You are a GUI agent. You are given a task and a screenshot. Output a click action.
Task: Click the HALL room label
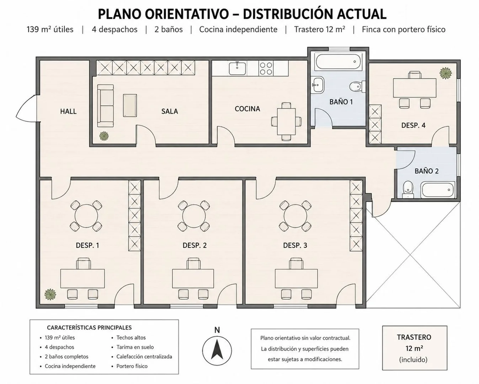click(x=68, y=111)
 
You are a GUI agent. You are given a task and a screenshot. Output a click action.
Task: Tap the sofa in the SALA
click(x=106, y=106)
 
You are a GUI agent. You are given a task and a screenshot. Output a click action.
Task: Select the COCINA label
click(x=247, y=109)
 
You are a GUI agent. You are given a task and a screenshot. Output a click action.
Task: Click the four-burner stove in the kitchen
click(x=266, y=68)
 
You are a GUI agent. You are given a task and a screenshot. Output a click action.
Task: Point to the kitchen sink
click(x=238, y=68)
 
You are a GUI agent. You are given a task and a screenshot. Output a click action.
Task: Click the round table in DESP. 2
click(x=194, y=216)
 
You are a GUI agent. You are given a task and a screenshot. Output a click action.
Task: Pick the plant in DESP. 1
click(x=50, y=294)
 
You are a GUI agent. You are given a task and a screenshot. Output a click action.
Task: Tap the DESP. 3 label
click(x=295, y=246)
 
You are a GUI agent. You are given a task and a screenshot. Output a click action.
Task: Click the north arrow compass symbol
click(x=217, y=351)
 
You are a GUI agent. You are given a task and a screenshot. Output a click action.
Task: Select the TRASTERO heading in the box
click(x=414, y=337)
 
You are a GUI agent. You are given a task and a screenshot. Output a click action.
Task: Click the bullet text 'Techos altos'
click(x=131, y=338)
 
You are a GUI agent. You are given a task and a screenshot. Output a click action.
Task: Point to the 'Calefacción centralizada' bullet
click(x=144, y=357)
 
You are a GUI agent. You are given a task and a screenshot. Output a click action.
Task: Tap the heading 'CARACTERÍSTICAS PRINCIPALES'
click(x=89, y=328)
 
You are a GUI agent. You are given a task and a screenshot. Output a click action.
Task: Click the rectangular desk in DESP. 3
click(x=296, y=278)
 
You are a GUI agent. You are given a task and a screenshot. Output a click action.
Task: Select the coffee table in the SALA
click(x=130, y=105)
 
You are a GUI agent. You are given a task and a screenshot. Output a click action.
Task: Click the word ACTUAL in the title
click(x=362, y=15)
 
